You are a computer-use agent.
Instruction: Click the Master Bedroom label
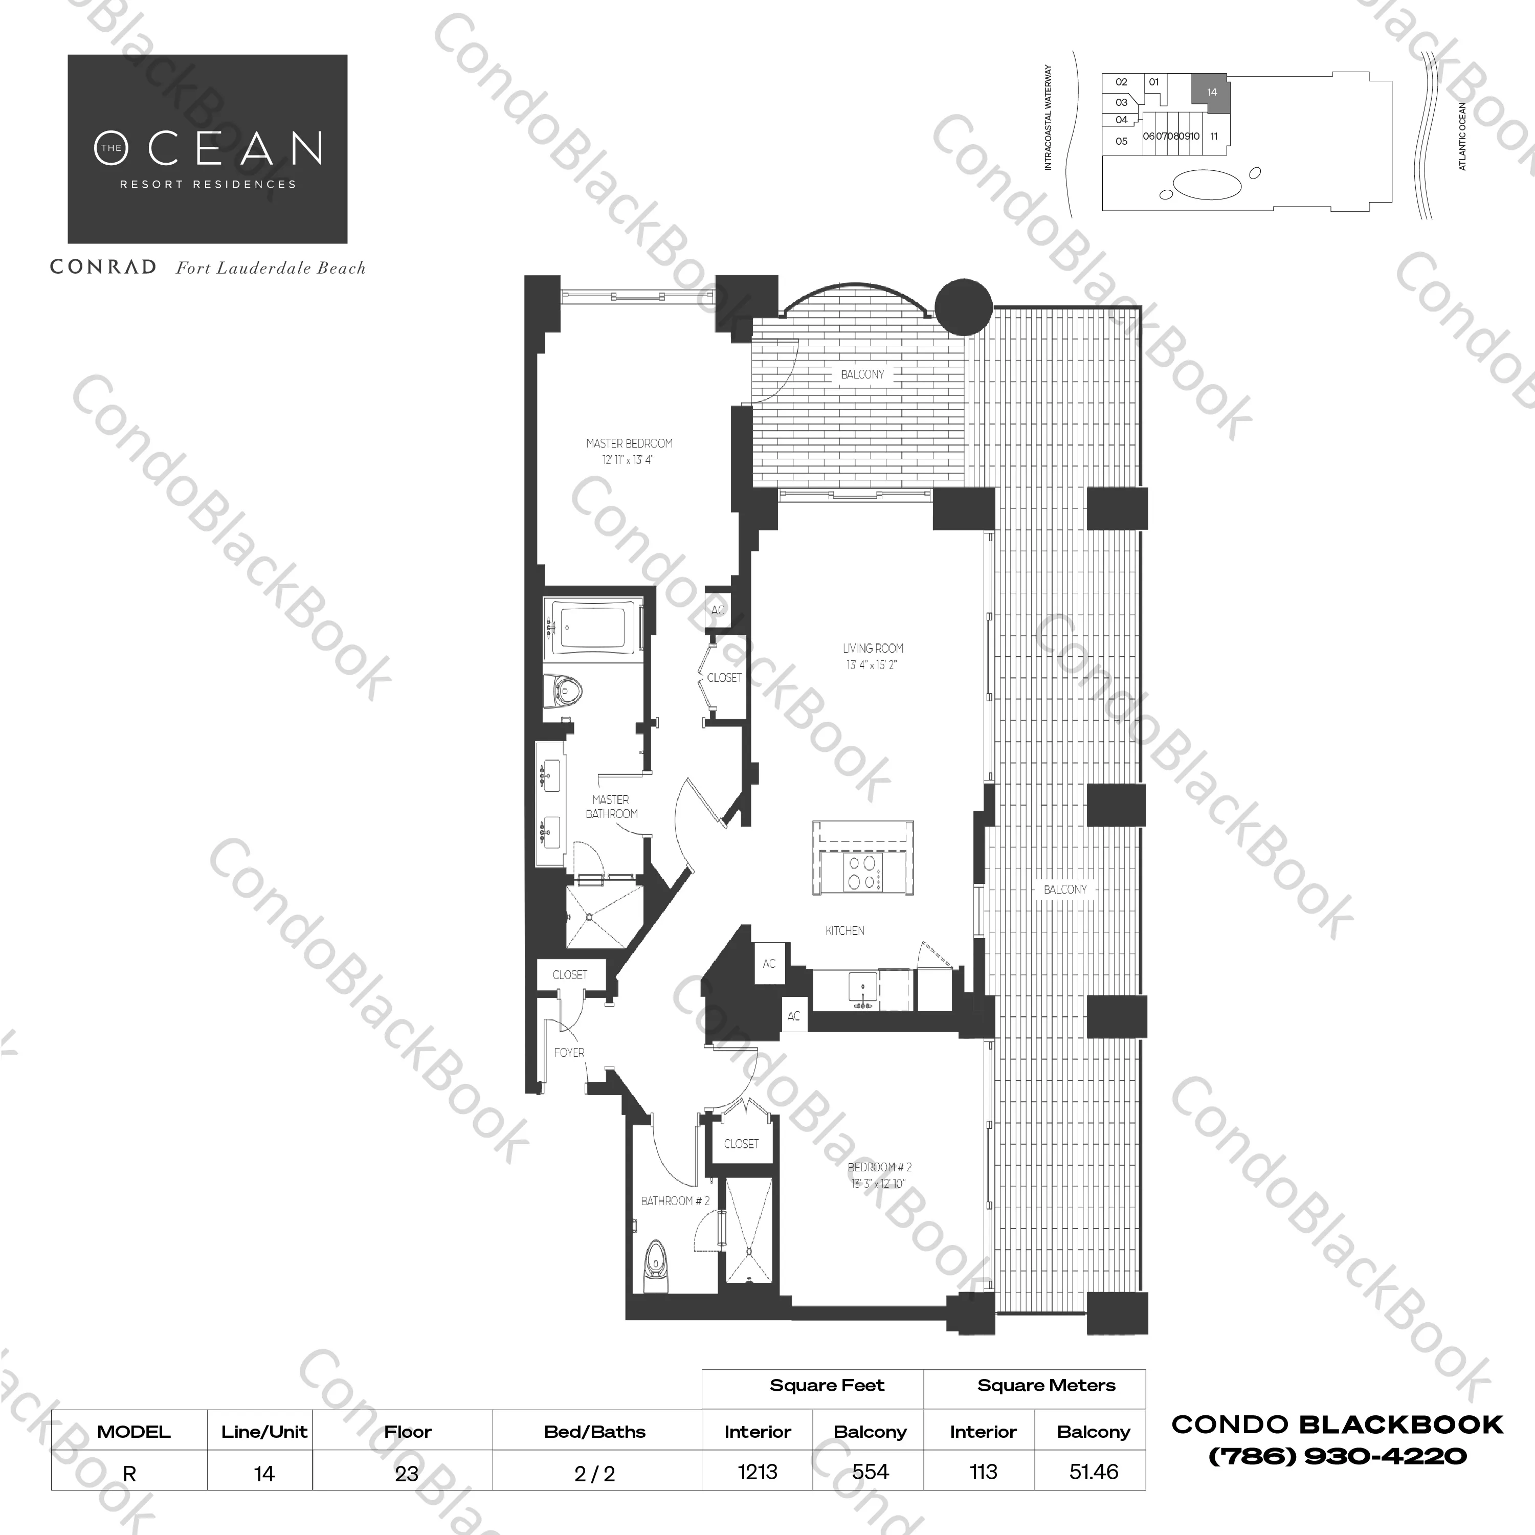629,443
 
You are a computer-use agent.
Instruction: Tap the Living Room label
873,649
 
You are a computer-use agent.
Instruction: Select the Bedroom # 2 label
880,1167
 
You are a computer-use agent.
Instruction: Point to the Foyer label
569,1052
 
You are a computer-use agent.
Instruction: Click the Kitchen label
844,930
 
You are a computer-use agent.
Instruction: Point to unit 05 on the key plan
1121,141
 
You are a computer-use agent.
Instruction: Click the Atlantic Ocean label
1463,135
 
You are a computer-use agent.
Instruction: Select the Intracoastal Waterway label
1048,118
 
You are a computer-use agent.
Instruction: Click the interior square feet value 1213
757,1472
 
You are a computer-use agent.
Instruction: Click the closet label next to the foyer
570,975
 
